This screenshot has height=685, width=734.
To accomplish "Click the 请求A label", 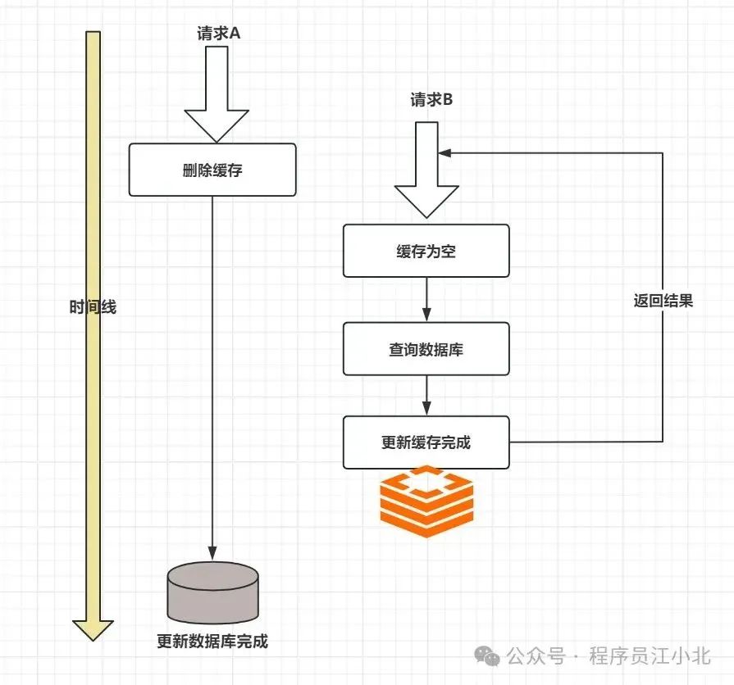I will [217, 34].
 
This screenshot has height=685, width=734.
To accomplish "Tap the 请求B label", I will [431, 101].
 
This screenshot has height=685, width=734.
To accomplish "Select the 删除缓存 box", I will [212, 170].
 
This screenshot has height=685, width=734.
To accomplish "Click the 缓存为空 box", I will [426, 252].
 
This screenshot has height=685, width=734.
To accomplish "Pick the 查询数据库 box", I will [426, 349].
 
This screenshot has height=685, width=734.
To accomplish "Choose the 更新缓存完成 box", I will [426, 442].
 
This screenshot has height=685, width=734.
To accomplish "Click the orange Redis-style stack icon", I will [427, 501].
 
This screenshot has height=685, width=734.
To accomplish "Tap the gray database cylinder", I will [212, 593].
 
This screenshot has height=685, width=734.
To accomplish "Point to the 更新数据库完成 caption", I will [212, 641].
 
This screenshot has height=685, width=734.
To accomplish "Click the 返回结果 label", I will [663, 301].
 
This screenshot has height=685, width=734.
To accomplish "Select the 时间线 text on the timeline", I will [93, 307].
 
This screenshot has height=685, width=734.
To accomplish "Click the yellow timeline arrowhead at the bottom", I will [93, 628].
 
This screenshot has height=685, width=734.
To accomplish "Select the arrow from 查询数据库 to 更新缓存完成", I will [426, 396].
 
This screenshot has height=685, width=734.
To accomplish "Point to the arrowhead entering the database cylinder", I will [212, 555].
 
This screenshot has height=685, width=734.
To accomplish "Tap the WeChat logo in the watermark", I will [490, 656].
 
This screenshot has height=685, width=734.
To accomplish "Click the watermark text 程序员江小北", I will [649, 656].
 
